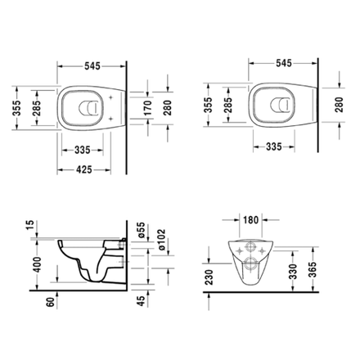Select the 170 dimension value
[x=146, y=106]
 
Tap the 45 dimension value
[x=140, y=302]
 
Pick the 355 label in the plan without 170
[x=205, y=106]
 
